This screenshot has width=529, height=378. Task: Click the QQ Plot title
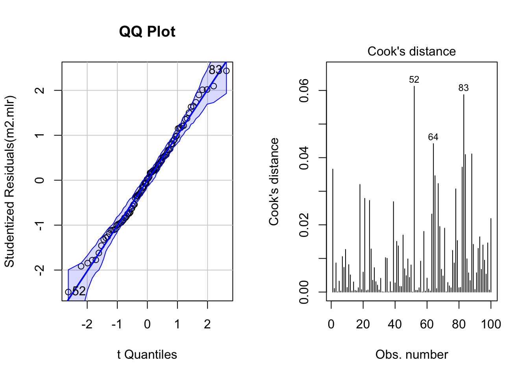click(147, 31)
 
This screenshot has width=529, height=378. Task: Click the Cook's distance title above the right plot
click(411, 51)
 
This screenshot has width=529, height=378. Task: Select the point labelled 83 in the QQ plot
click(226, 71)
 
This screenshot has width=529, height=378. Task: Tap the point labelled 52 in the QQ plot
click(68, 292)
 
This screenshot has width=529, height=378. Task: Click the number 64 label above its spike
click(433, 137)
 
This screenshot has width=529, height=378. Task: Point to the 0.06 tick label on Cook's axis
click(304, 91)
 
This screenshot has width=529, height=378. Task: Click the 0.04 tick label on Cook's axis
click(304, 158)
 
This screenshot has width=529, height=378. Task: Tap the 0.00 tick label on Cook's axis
click(304, 292)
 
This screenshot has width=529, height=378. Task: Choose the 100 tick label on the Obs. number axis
click(491, 324)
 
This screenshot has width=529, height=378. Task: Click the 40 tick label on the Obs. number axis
click(395, 324)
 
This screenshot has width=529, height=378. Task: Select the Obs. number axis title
click(411, 355)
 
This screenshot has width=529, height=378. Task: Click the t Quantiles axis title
click(147, 355)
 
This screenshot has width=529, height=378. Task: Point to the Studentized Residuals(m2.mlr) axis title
click(9, 181)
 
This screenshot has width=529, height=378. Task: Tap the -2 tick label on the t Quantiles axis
click(87, 324)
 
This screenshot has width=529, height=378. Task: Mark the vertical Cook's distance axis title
click(274, 181)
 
